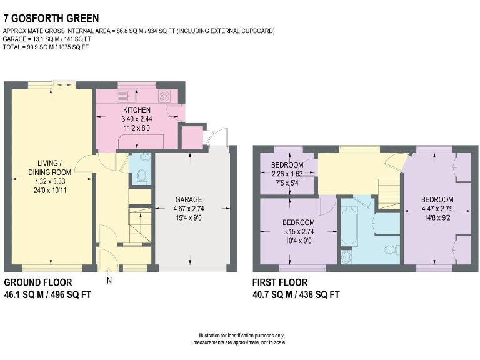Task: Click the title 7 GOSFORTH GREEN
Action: point(51,19)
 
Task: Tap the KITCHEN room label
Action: point(136,111)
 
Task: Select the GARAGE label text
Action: point(188,200)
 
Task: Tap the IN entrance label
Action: point(108,281)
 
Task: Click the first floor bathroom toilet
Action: point(391,251)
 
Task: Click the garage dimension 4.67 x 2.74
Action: point(188,209)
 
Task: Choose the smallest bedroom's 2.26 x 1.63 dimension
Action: point(287,174)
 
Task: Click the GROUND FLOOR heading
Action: point(38,282)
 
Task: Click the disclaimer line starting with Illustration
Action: point(240,336)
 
